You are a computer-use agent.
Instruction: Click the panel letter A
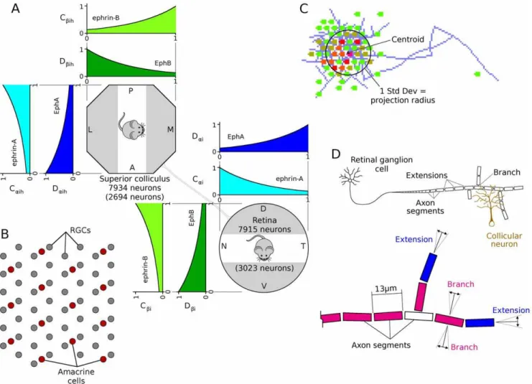(x=15, y=8)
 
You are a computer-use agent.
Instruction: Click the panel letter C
(x=304, y=9)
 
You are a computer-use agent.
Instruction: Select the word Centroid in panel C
(x=408, y=39)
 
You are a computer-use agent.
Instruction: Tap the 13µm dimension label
(x=386, y=289)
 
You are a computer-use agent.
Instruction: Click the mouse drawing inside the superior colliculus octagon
(x=131, y=126)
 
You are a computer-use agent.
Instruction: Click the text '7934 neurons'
(x=135, y=187)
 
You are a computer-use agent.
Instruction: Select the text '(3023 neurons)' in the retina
(x=264, y=268)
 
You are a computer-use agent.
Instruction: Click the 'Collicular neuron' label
(x=504, y=240)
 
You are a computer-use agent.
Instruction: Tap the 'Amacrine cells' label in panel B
(x=76, y=376)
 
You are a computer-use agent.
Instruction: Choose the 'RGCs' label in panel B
(x=80, y=230)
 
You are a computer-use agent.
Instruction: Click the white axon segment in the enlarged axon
(x=419, y=316)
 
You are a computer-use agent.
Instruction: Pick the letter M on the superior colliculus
(x=170, y=129)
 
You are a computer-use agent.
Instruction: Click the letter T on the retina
(x=303, y=246)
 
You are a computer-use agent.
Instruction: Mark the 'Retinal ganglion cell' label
(x=381, y=164)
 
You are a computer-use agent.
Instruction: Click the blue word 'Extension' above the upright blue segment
(x=414, y=239)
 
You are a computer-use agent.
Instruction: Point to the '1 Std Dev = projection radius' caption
(x=403, y=95)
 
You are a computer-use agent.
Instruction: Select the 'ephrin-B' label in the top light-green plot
(x=106, y=18)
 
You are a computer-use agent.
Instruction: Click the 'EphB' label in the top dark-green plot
(x=163, y=63)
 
